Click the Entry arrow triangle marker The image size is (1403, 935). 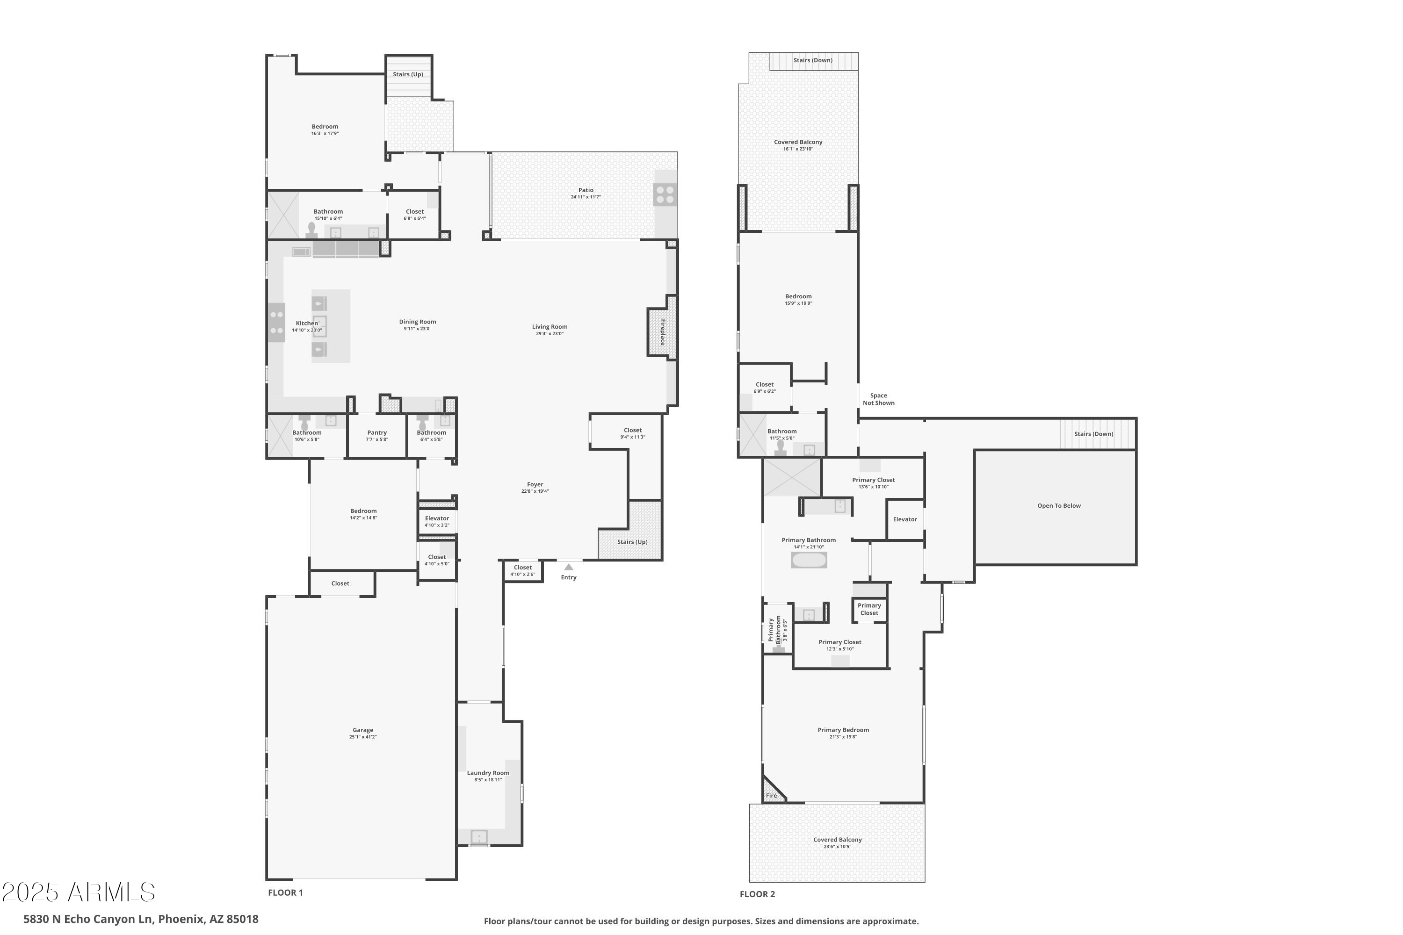click(569, 567)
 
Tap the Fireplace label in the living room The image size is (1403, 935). click(663, 332)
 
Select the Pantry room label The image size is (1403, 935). click(377, 433)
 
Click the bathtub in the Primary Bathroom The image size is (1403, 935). click(809, 560)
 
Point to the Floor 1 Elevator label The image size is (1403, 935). click(437, 518)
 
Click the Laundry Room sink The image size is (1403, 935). click(479, 837)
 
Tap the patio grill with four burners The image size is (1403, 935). click(665, 195)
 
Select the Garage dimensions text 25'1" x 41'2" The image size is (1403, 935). click(363, 737)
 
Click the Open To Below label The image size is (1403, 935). click(1059, 506)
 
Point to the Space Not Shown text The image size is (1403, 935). click(878, 399)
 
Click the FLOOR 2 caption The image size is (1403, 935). click(757, 894)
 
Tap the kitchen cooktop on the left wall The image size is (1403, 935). click(276, 323)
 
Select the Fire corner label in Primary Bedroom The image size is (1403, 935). click(771, 796)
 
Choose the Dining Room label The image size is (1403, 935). click(418, 322)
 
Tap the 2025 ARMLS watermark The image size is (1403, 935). click(78, 892)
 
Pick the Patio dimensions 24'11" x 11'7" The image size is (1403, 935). click(586, 197)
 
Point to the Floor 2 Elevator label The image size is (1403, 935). click(905, 519)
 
